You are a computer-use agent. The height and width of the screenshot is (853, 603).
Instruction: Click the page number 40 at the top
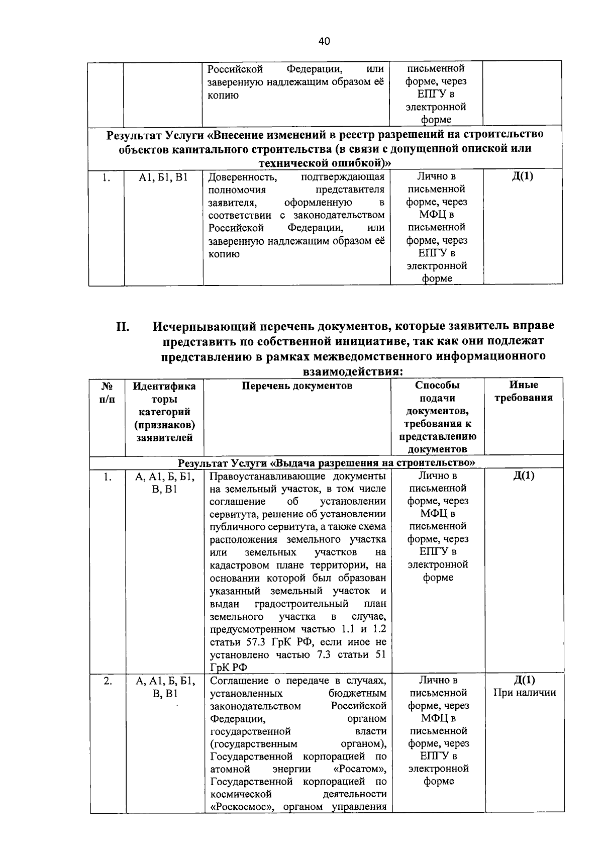click(324, 41)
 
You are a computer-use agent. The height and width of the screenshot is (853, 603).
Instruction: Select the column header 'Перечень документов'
click(297, 386)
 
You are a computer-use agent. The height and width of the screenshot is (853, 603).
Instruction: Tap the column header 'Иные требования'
click(523, 392)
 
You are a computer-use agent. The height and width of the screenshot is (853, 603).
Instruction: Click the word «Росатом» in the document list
click(359, 770)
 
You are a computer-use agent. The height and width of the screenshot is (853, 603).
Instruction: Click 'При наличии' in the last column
click(525, 693)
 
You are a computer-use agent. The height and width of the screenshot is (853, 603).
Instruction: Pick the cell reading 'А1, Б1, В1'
click(163, 177)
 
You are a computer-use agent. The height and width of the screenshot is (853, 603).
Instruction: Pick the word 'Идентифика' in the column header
click(164, 386)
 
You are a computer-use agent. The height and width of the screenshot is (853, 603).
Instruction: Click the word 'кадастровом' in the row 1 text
click(241, 565)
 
